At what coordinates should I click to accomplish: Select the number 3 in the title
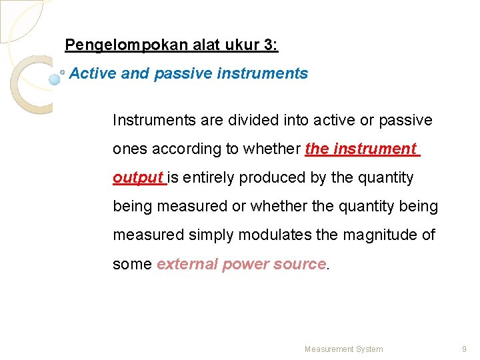coord(269,45)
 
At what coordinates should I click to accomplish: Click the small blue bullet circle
coord(55,79)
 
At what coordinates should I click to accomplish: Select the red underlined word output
coord(138,178)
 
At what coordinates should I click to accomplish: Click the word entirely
coord(209,178)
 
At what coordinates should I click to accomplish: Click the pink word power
coord(241,264)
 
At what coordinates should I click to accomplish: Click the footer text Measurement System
coord(343,349)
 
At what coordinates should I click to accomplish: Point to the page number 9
coord(464,349)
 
